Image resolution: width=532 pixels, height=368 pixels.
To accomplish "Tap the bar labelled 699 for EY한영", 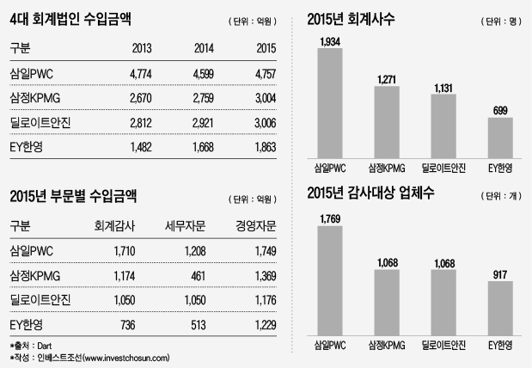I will (500, 134).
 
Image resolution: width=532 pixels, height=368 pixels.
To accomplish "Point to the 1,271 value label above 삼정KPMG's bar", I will (386, 81).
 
